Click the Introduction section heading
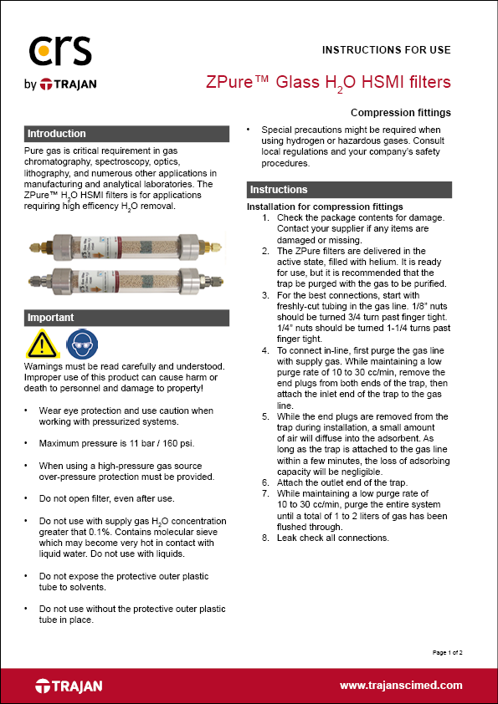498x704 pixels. [57, 134]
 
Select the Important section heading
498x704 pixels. [51, 318]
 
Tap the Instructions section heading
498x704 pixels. [279, 190]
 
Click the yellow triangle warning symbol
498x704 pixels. [41, 344]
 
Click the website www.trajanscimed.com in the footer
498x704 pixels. [401, 685]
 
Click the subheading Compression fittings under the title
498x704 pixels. [400, 113]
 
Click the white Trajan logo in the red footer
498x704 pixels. [69, 686]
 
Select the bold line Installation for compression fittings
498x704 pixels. [325, 207]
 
